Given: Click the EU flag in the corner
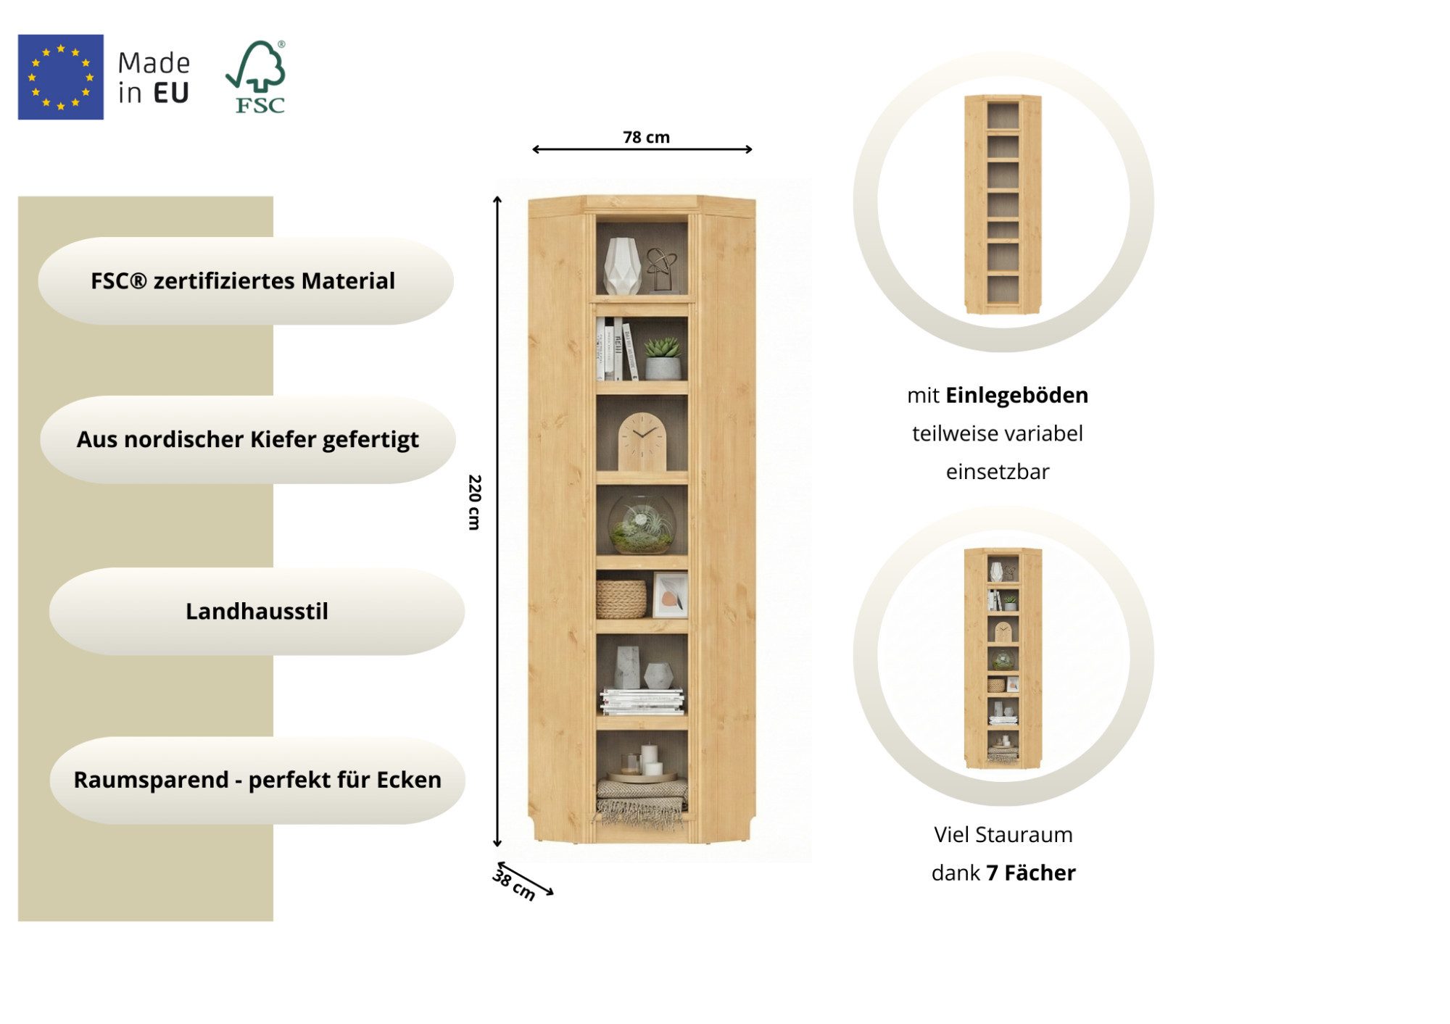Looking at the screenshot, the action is click(x=61, y=77).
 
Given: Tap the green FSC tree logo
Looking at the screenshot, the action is click(x=257, y=77).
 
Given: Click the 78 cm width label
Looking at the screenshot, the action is click(x=646, y=137).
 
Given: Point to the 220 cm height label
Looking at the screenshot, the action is click(x=474, y=502).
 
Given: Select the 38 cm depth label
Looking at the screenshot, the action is click(x=514, y=885).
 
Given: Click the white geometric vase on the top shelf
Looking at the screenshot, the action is click(x=622, y=265).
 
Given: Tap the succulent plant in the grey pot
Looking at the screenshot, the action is click(x=663, y=358).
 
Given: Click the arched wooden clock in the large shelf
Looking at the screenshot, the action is click(x=642, y=441).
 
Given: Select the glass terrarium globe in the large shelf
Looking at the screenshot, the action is click(x=642, y=524).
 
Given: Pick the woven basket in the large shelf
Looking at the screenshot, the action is click(x=621, y=599).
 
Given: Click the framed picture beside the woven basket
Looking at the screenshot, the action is click(x=670, y=595).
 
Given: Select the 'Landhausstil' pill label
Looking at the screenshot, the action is click(x=257, y=611).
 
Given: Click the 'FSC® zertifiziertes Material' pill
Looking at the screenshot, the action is click(x=246, y=280).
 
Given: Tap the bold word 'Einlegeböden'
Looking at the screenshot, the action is click(x=1016, y=395).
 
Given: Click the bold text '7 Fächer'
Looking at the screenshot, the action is click(x=1030, y=873).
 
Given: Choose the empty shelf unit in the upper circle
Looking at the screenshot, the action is click(x=1003, y=204).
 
